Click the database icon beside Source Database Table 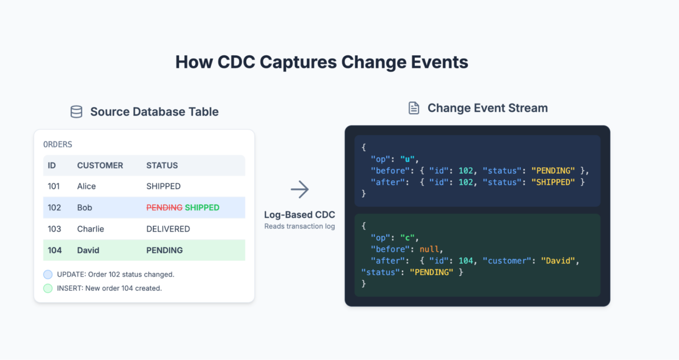[x=76, y=112]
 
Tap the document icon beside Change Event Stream [x=414, y=108]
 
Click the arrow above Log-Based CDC [x=300, y=189]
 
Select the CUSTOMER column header [x=100, y=165]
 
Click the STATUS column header [x=162, y=165]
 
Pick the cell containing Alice [x=86, y=186]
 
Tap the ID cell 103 [x=54, y=229]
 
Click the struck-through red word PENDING [x=164, y=207]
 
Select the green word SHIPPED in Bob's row [x=202, y=207]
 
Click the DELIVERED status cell [x=168, y=229]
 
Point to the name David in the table [x=88, y=250]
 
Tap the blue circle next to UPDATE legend [x=48, y=274]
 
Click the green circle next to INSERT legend [x=48, y=288]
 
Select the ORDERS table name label [x=57, y=145]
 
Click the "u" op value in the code [x=407, y=159]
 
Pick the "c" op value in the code [x=407, y=238]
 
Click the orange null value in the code [x=429, y=249]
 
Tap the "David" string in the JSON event [x=558, y=261]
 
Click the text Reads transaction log [x=299, y=226]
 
